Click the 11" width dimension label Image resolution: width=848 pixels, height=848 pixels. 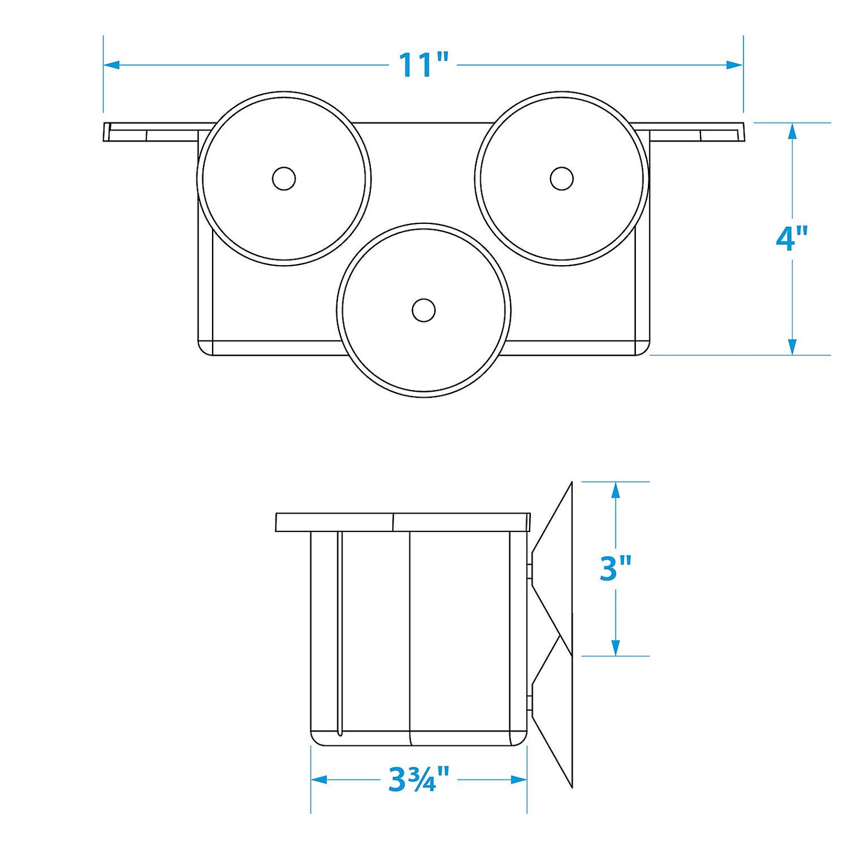coord(423,64)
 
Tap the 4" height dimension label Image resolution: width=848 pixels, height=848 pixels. coord(792,239)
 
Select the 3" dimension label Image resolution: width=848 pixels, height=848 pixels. coord(616,568)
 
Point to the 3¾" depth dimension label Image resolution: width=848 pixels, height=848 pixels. coord(419,779)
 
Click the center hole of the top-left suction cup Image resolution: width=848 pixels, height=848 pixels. coord(284,179)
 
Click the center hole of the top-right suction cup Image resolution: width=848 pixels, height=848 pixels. coord(561,178)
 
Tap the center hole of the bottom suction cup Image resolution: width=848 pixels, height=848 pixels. coord(423,310)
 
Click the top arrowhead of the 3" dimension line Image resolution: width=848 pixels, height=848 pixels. coord(616,490)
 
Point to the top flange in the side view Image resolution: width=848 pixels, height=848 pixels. coord(403,522)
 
